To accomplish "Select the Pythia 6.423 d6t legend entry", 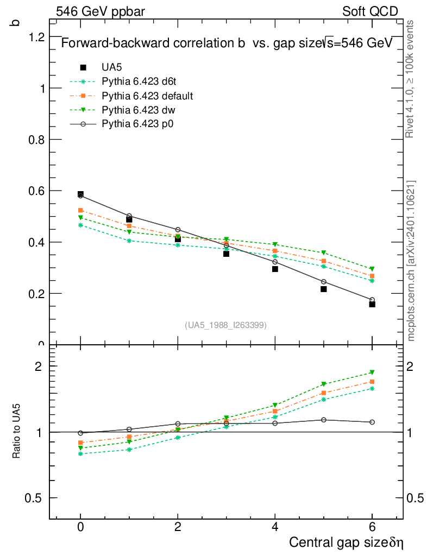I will [139, 81].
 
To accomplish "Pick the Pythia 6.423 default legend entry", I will [147, 96].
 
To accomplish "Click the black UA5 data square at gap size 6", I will [372, 304].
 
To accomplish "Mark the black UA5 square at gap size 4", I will [275, 269].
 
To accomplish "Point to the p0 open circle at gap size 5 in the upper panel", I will [324, 282].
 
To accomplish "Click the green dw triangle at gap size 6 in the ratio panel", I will [372, 372].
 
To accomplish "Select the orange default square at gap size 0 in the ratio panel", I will [80, 443].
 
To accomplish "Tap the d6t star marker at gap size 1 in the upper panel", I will [129, 241].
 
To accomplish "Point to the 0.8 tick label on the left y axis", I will [36, 140].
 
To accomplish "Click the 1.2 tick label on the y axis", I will [36, 37].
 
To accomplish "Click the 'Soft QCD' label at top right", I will [370, 11].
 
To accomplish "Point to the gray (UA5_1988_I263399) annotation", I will [226, 325].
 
